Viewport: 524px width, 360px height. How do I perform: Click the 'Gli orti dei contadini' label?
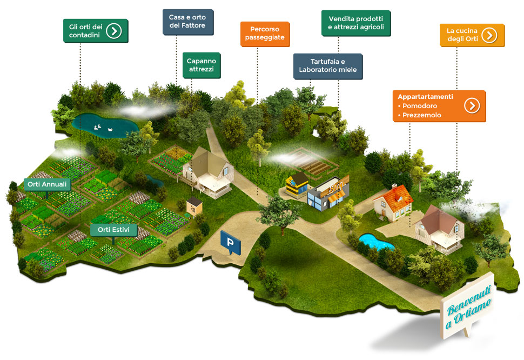click(85, 31)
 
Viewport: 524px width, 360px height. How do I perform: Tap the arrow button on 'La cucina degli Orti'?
click(489, 35)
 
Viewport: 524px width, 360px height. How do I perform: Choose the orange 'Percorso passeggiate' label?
click(264, 34)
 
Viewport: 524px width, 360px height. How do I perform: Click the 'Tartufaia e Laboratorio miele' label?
click(327, 66)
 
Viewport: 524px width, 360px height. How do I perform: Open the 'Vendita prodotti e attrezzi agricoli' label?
click(355, 23)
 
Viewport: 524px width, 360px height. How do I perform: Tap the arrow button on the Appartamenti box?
click(472, 105)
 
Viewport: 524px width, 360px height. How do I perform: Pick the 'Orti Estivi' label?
click(113, 230)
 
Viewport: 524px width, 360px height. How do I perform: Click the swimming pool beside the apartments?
click(376, 242)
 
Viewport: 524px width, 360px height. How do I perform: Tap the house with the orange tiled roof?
click(393, 203)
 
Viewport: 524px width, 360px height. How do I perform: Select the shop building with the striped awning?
click(328, 194)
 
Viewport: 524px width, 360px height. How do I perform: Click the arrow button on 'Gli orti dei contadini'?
click(113, 31)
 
